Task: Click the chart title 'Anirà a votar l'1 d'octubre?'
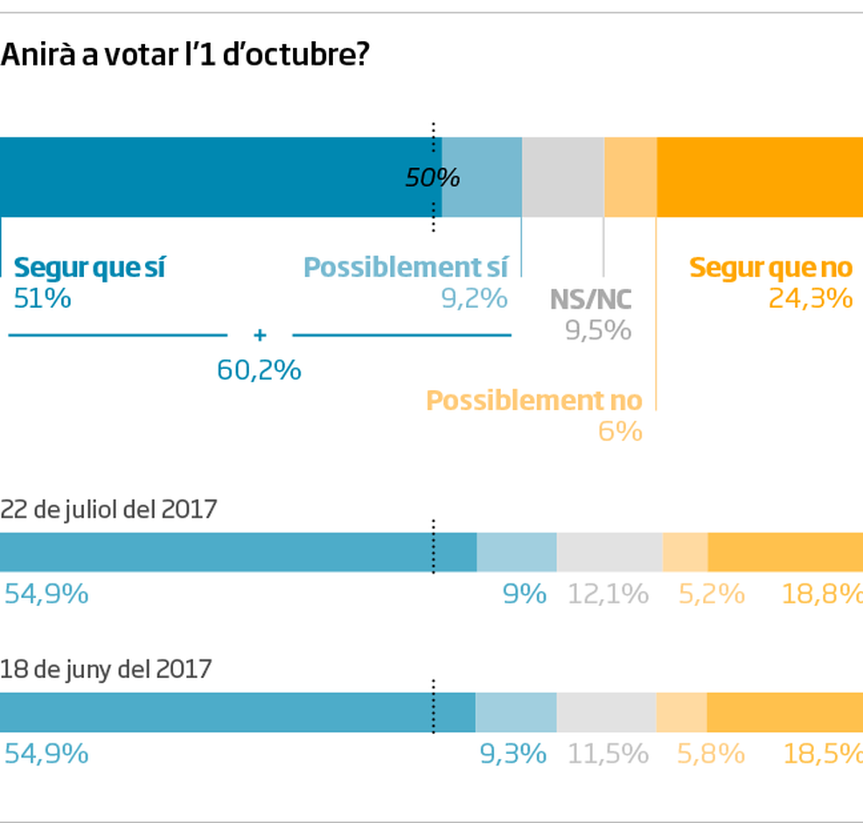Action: coord(184,56)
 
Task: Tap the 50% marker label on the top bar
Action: coord(432,178)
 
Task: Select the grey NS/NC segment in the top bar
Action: coord(562,177)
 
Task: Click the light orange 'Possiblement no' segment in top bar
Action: coord(630,177)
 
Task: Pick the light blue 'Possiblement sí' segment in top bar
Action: coord(482,177)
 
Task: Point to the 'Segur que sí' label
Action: coord(89,268)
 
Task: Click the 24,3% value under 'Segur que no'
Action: coord(810,299)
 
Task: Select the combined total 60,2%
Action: coord(259,370)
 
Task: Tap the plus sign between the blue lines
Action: coord(259,335)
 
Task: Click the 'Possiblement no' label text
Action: coord(533,401)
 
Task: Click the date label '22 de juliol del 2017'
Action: coord(108,509)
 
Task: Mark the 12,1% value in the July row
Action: coord(608,595)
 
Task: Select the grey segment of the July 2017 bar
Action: coord(609,553)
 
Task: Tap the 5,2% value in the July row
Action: coord(711,595)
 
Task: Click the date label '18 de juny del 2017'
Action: coord(106,669)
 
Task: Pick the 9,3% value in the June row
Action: coord(513,753)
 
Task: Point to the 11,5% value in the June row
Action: coord(608,753)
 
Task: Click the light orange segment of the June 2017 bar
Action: coord(681,712)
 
